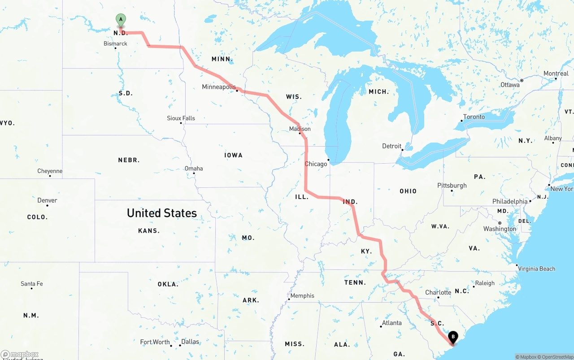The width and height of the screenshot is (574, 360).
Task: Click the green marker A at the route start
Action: click(121, 19)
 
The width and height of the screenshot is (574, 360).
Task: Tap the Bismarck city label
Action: click(115, 43)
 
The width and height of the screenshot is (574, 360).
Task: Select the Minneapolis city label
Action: click(219, 87)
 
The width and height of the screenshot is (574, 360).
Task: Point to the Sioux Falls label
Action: click(181, 118)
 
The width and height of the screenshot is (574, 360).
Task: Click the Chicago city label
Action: click(316, 164)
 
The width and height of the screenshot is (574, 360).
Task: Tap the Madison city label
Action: click(300, 129)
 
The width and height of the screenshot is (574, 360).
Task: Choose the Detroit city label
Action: click(391, 146)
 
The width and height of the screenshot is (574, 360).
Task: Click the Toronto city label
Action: click(474, 117)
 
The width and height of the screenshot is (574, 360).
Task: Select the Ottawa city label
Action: click(510, 85)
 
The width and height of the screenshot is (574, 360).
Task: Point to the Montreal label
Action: click(556, 74)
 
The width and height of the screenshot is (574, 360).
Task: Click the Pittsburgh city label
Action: click(452, 185)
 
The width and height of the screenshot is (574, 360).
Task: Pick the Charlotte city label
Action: click(438, 292)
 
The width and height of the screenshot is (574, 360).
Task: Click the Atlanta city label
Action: click(391, 323)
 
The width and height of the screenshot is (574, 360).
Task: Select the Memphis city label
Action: click(302, 295)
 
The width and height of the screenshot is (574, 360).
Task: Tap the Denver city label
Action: click(47, 200)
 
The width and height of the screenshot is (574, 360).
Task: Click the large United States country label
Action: click(162, 213)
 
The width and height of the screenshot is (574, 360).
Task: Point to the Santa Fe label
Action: click(31, 283)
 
